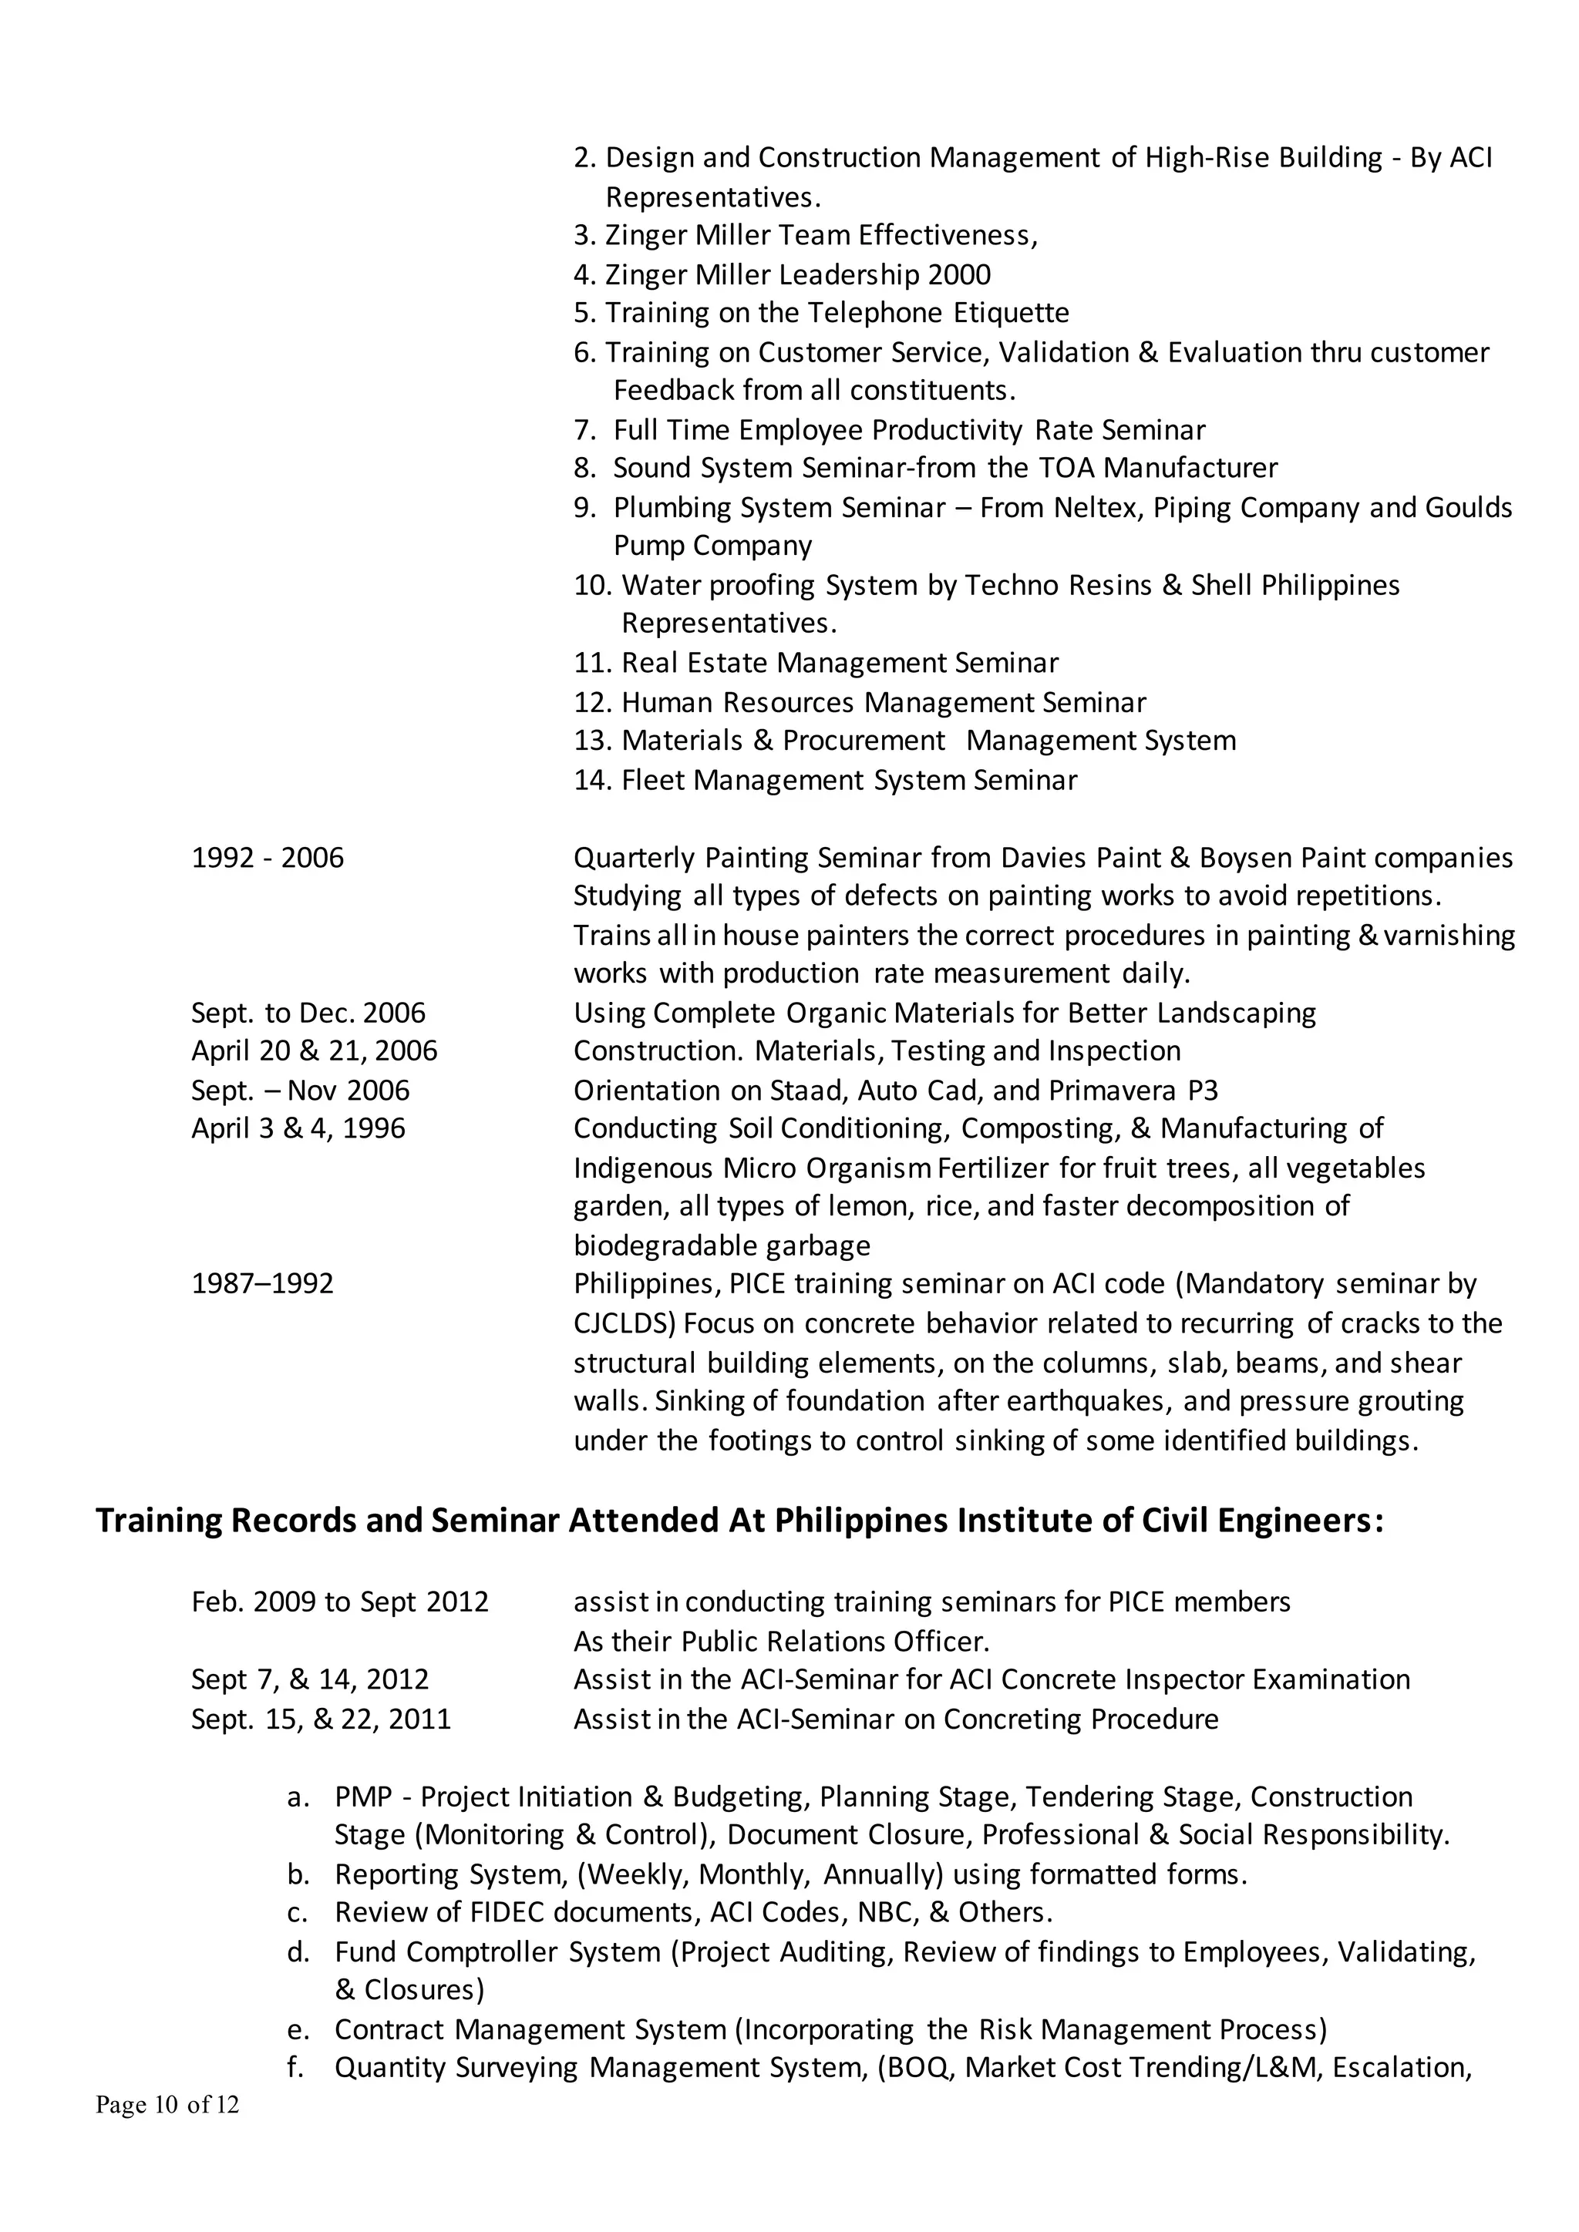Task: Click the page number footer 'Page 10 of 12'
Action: coord(167,2105)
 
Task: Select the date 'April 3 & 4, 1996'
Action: coord(298,1128)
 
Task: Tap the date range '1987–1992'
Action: coord(262,1283)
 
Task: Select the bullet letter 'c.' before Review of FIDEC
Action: coord(298,1912)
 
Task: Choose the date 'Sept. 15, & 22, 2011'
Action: coord(321,1719)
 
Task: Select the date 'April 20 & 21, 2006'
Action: coord(314,1050)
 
